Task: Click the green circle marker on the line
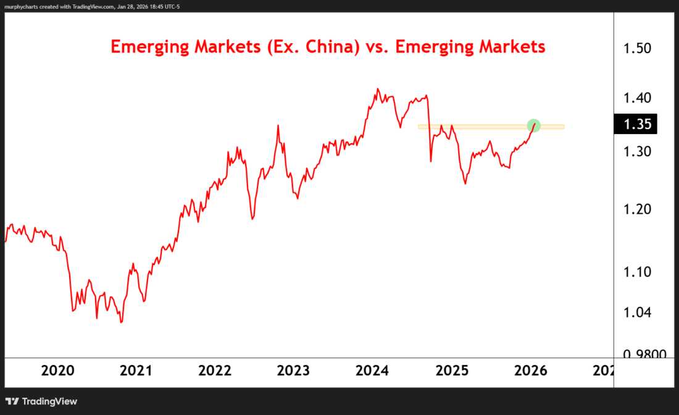[534, 125]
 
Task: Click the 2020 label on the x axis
[57, 371]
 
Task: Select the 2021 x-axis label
[136, 371]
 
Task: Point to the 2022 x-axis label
[215, 371]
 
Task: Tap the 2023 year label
[293, 371]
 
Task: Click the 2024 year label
[373, 371]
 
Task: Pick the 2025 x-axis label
[452, 371]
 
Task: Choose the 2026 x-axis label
[530, 371]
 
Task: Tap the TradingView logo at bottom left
[42, 401]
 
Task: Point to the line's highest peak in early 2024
[378, 89]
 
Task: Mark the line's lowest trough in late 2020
[121, 322]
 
